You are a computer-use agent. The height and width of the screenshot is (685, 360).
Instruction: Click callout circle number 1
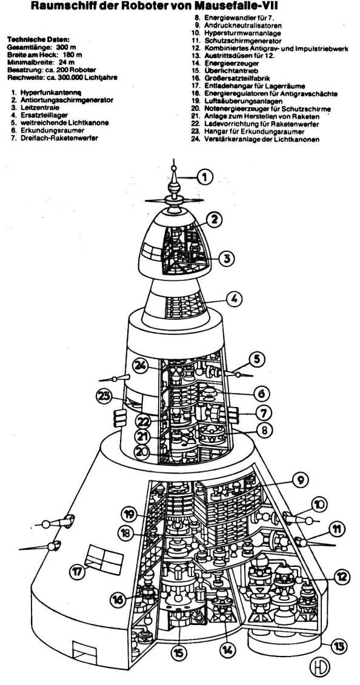pos(205,177)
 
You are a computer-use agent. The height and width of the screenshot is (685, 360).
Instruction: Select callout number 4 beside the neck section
pos(234,299)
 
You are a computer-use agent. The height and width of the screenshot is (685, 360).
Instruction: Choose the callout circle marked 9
pos(301,480)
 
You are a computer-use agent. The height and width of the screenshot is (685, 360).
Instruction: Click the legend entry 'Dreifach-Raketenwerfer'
pos(59,138)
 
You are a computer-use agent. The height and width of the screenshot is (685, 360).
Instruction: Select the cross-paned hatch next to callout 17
pos(105,558)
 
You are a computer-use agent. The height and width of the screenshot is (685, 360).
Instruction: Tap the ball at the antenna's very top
pos(174,167)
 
